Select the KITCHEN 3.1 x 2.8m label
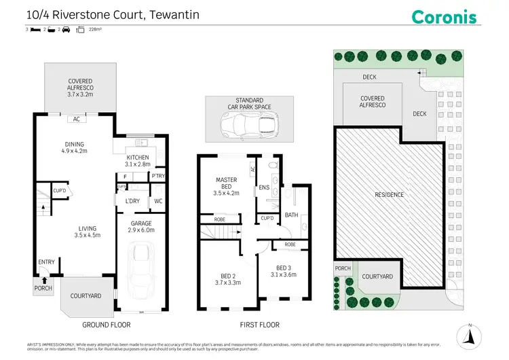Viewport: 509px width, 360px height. point(137,161)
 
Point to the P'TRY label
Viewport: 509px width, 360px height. point(159,177)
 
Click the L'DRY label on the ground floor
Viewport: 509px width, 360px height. point(132,201)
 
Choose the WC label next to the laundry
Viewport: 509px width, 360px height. point(157,201)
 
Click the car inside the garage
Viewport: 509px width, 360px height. point(142,267)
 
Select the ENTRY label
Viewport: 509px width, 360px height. point(47,262)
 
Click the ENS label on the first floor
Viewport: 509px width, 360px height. point(263,188)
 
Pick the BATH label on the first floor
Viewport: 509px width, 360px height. point(292,215)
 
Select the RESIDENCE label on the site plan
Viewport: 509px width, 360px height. point(390,195)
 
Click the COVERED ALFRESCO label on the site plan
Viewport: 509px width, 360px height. point(373,102)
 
